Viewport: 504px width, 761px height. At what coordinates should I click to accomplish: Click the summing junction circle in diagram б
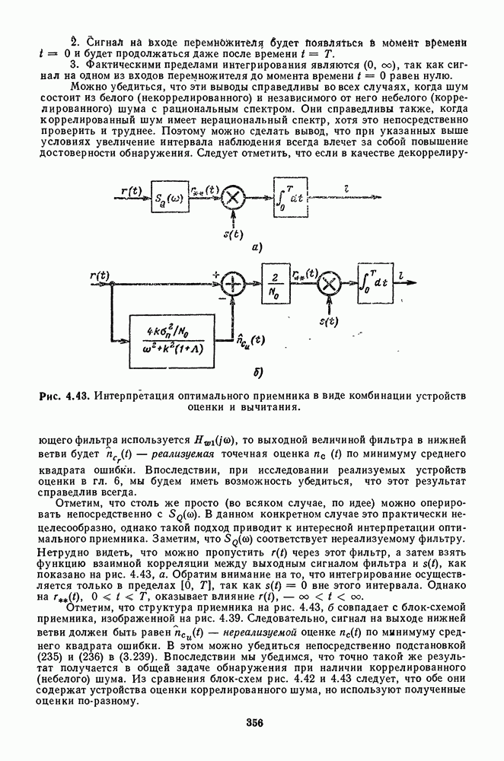pos(231,285)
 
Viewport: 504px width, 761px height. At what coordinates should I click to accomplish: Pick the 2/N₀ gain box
pos(275,285)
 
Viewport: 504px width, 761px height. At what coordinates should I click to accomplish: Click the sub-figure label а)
pos(256,248)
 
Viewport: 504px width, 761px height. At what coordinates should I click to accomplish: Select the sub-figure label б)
pos(256,374)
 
